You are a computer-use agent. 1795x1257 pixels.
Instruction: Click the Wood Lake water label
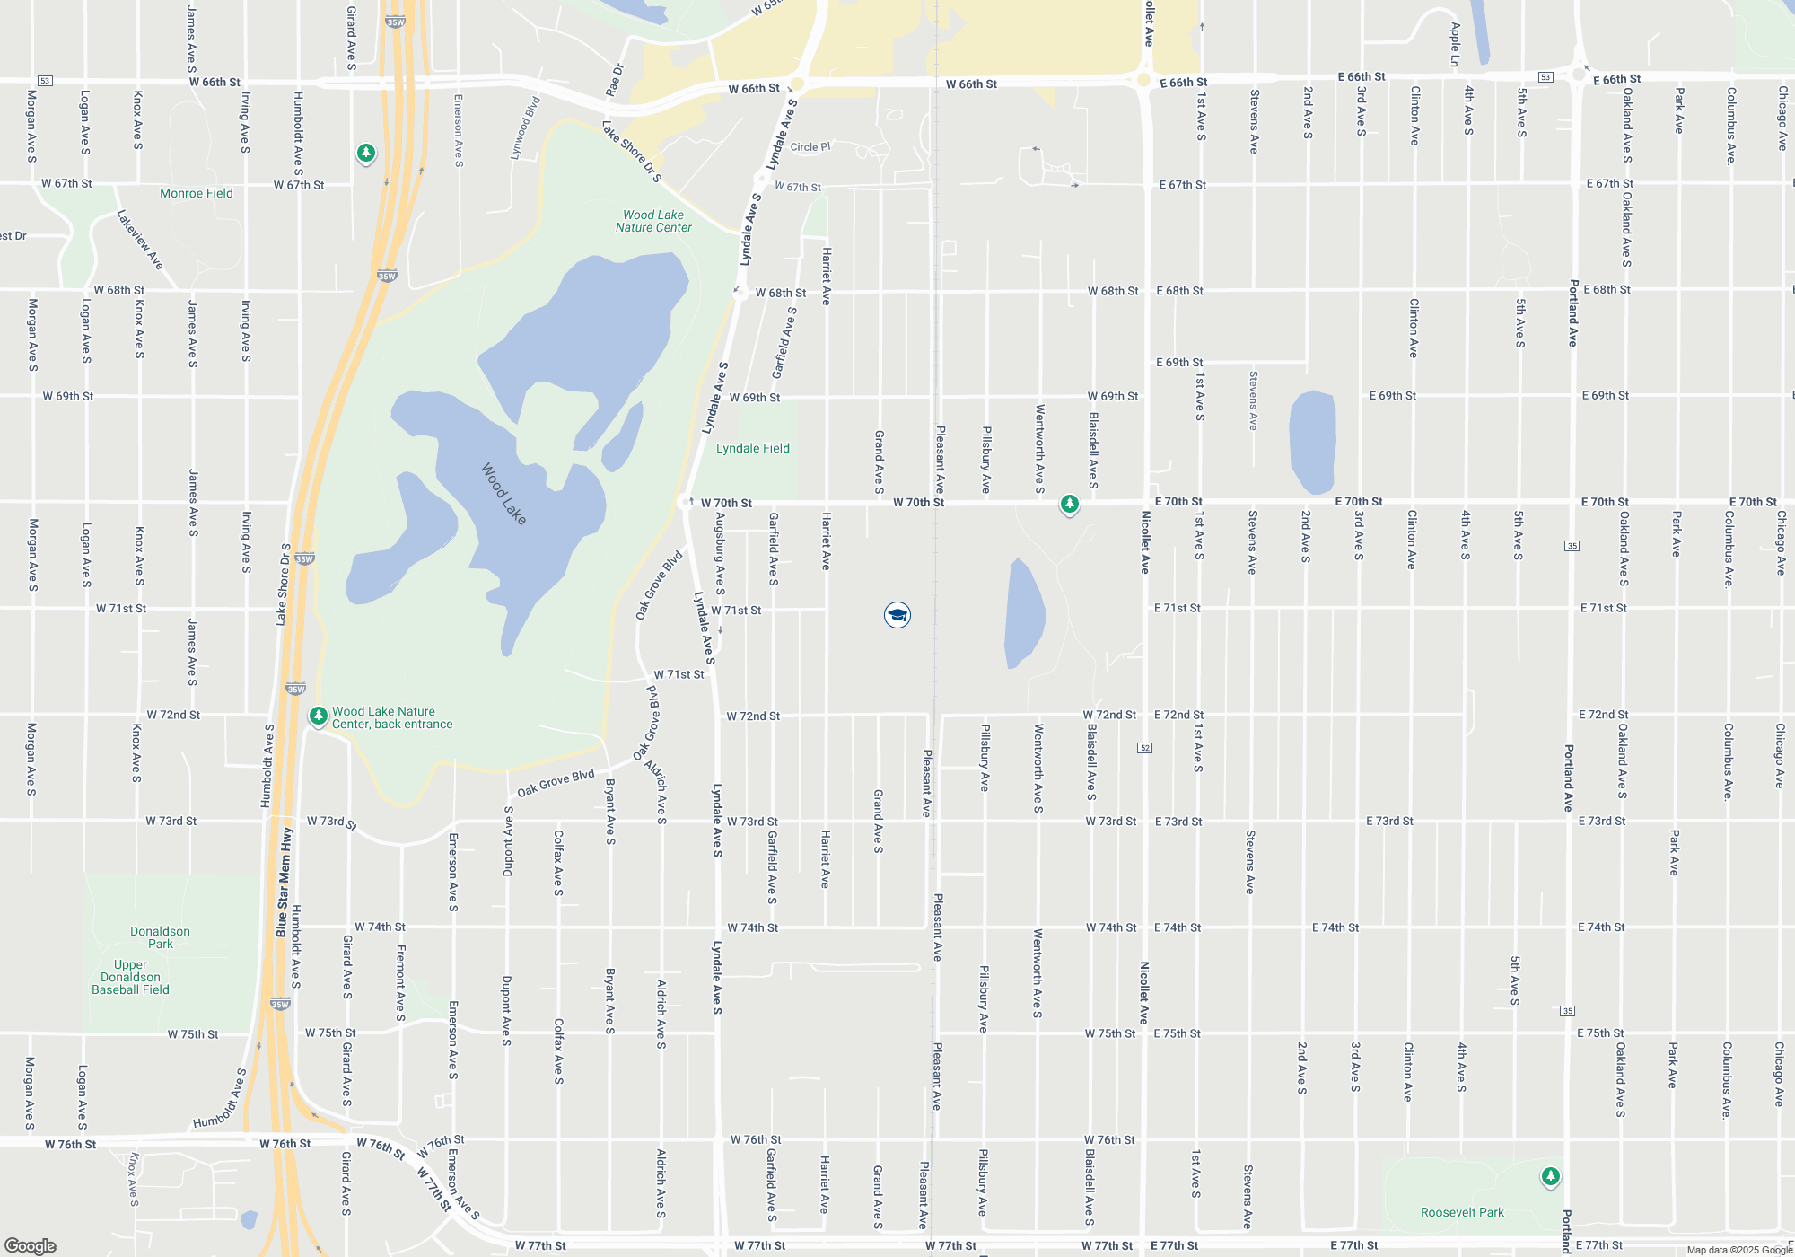click(503, 493)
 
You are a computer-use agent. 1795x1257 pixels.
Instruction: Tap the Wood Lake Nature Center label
click(653, 221)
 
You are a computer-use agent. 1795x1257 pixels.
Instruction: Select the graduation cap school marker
click(897, 615)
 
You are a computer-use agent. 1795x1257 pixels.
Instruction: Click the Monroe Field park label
click(196, 193)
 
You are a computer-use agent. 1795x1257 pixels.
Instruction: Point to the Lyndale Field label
click(752, 448)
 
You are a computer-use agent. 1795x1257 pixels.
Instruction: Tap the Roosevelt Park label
click(1462, 1212)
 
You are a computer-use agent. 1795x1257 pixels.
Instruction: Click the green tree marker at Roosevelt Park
click(1550, 1176)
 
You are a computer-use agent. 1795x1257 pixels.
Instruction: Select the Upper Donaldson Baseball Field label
click(131, 977)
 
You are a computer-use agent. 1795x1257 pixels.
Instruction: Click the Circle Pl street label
click(810, 147)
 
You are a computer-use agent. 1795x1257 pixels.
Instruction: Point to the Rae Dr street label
click(614, 80)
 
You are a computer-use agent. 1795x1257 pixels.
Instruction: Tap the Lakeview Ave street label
click(141, 240)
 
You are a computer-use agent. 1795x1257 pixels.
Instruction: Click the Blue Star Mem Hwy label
click(284, 883)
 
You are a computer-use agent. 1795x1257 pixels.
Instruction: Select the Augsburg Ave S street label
click(720, 553)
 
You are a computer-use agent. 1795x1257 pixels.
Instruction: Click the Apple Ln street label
click(1455, 45)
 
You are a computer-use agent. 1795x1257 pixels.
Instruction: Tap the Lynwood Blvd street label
click(525, 127)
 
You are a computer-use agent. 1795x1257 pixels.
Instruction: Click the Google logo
click(31, 1245)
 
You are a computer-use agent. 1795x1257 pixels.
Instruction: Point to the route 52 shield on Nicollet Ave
click(1144, 748)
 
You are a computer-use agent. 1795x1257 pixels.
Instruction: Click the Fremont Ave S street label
click(401, 982)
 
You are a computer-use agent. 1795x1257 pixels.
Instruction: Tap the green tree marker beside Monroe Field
click(365, 154)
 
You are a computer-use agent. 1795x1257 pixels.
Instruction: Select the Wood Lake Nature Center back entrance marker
click(318, 716)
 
